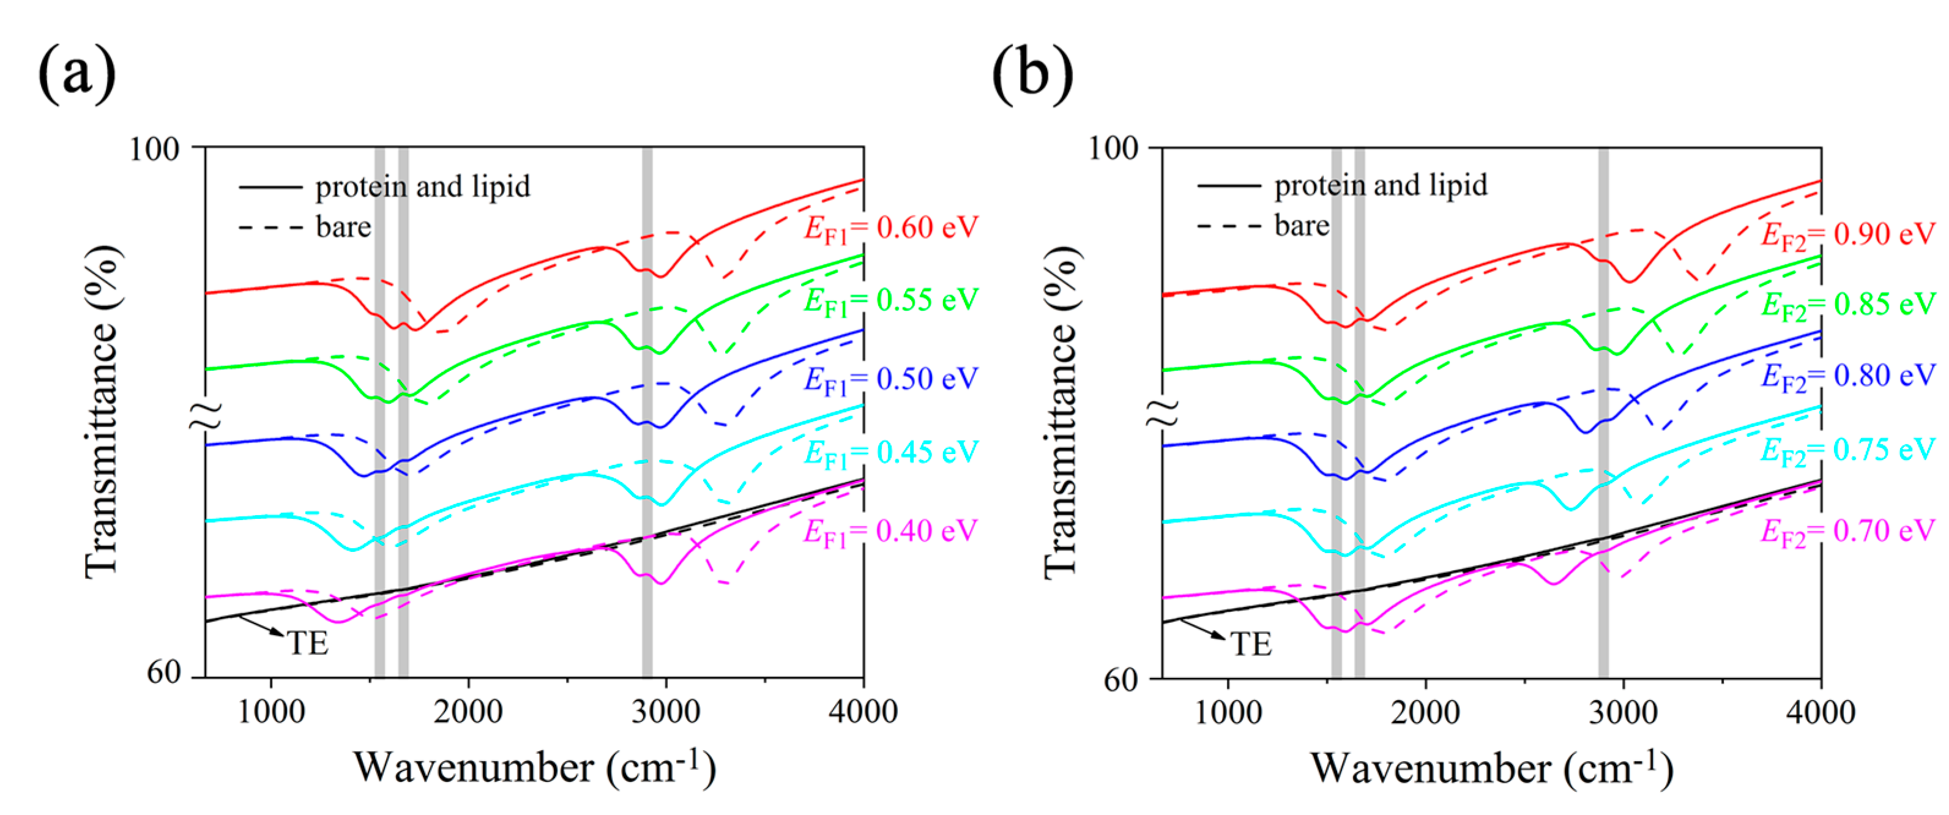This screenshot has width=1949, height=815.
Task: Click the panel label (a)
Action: tap(76, 75)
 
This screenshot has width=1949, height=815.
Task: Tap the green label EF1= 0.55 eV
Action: tap(890, 301)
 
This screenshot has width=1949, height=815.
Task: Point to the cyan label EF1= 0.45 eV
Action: tap(890, 453)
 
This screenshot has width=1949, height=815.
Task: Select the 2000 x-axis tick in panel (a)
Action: tap(468, 712)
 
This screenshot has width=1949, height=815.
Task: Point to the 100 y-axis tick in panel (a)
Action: tap(154, 149)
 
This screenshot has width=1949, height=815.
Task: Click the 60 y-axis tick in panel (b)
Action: tap(1120, 680)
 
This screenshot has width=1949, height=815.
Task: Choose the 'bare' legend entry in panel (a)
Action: tap(343, 227)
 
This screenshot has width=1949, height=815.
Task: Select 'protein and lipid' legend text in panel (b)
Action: tap(1380, 185)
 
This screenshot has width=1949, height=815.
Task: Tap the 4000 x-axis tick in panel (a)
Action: tap(863, 712)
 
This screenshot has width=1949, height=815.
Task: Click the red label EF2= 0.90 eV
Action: tap(1847, 234)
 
